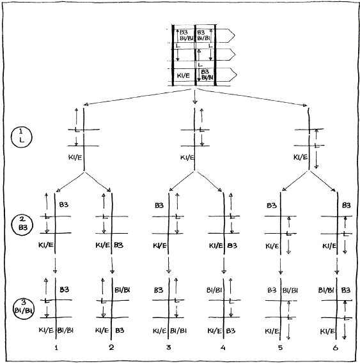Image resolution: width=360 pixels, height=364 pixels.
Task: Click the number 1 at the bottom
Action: [x=58, y=347]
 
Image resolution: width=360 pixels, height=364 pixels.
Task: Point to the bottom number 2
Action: [x=112, y=347]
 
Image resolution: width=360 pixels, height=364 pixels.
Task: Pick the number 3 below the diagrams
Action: [x=168, y=347]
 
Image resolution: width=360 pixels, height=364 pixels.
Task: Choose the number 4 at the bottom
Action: [x=224, y=347]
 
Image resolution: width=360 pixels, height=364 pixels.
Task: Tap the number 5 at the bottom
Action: [x=279, y=347]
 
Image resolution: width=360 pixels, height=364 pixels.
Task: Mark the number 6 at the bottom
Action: [x=336, y=347]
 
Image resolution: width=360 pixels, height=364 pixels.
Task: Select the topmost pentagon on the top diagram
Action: [x=228, y=36]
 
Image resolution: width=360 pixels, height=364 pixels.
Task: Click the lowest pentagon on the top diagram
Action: [x=228, y=76]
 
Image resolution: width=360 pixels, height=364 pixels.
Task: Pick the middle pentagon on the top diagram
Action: [x=228, y=56]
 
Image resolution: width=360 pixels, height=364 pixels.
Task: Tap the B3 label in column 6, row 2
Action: [x=347, y=206]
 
